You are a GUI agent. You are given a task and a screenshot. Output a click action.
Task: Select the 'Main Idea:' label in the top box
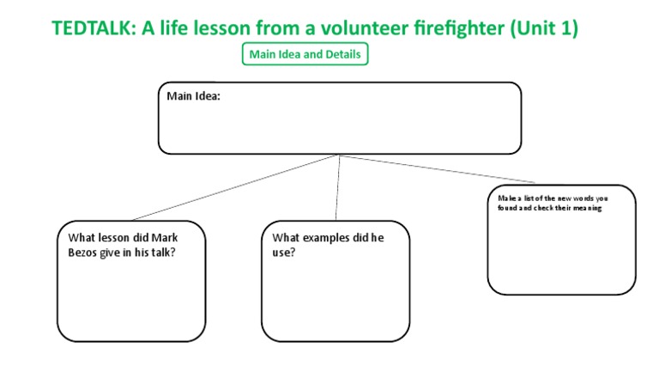pyautogui.click(x=193, y=96)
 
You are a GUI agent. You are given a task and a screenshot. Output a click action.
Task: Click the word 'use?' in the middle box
pyautogui.click(x=284, y=253)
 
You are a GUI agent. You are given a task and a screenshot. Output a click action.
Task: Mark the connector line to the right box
pyautogui.click(x=438, y=169)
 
